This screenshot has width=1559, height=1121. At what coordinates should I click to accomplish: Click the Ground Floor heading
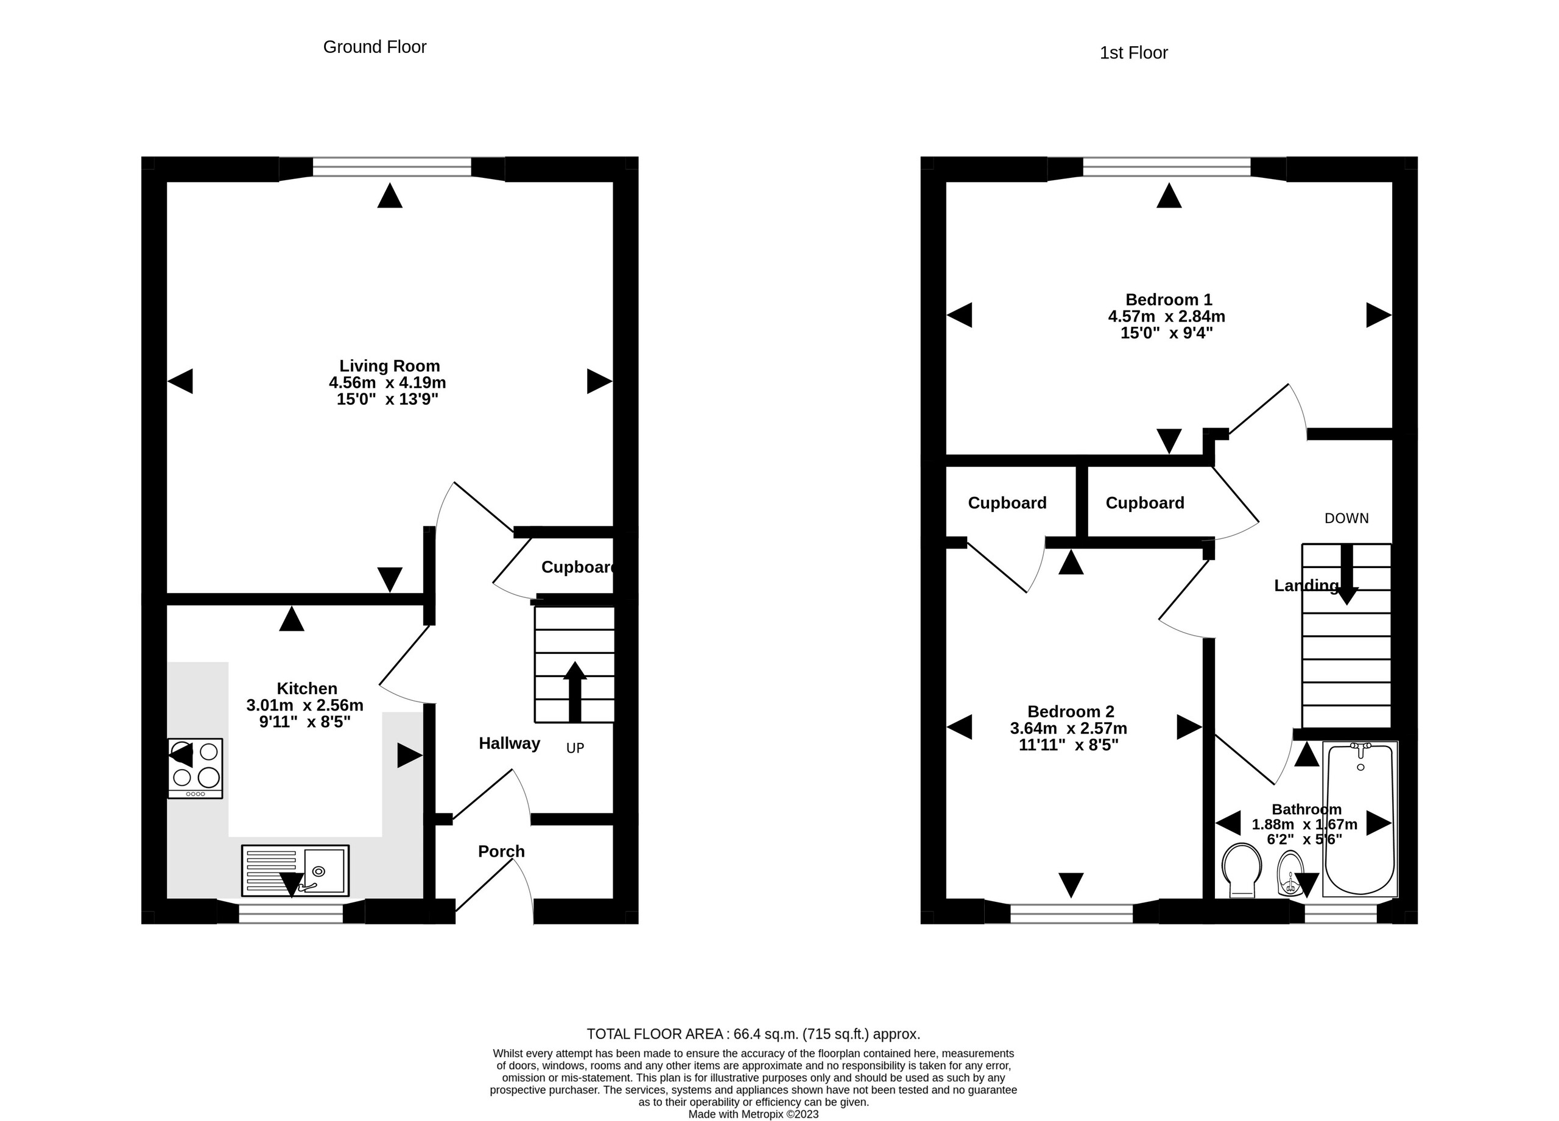point(375,47)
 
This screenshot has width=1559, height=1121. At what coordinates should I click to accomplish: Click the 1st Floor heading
point(1133,53)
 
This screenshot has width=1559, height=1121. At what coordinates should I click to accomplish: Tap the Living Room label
point(389,365)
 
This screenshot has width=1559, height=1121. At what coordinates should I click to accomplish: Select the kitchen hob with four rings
point(195,768)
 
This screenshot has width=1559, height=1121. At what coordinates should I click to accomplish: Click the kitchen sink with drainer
point(295,871)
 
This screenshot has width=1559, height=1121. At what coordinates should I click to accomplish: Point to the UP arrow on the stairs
point(575,691)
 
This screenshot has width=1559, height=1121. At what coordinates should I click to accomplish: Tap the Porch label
point(501,852)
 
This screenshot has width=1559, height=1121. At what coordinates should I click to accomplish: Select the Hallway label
point(509,743)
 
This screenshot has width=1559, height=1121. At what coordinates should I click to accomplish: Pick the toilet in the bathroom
point(1242,870)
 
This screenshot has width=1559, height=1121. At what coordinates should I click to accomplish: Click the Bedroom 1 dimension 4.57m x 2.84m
point(1166,317)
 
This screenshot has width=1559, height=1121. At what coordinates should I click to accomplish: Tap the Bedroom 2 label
point(1070,711)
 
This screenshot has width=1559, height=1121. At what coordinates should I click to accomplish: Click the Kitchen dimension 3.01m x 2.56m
point(304,705)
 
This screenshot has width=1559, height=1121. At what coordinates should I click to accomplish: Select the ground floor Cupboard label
point(577,567)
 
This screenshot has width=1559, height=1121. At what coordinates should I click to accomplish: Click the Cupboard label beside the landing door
point(1144,503)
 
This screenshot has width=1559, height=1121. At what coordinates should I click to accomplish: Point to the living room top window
point(392,167)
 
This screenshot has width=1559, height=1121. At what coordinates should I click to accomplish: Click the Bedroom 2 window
point(1071,913)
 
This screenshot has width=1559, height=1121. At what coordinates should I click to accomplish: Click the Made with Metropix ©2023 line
point(753,1114)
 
